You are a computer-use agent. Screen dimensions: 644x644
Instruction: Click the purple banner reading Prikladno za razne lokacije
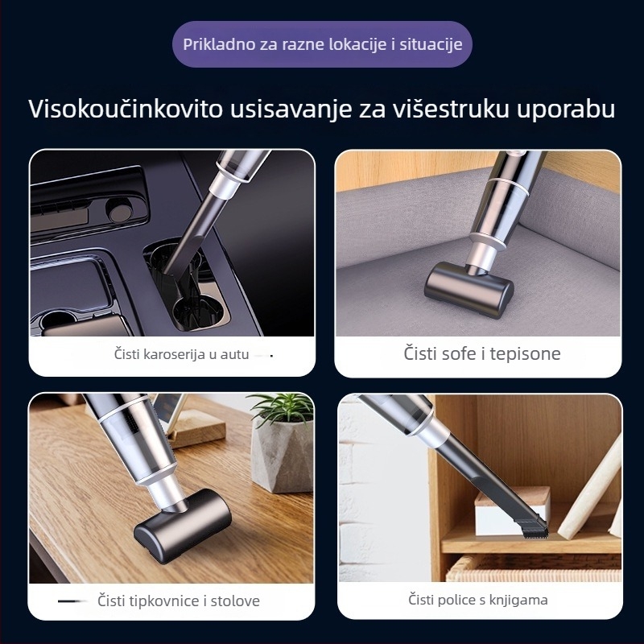[322, 43]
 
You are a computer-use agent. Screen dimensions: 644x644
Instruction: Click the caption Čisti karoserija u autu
[181, 353]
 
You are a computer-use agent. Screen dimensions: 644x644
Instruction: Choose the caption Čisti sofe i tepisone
[482, 353]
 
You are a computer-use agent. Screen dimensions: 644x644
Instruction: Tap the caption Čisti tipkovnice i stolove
[179, 601]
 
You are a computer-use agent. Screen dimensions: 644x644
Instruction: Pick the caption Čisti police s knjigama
[478, 600]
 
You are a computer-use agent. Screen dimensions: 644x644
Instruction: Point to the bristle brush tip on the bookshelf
[532, 530]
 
